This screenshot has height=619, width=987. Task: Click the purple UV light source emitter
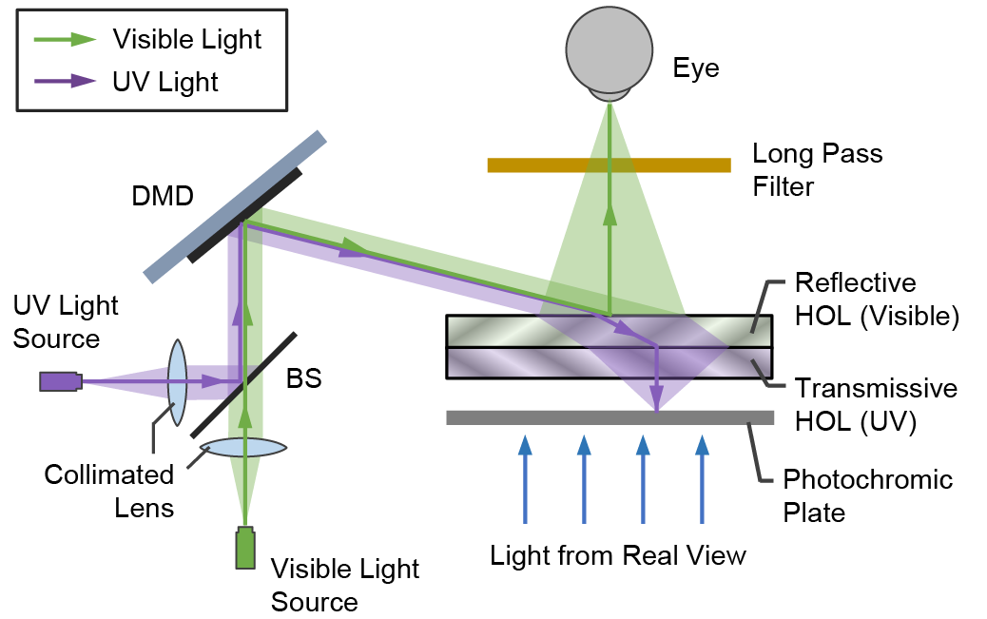click(60, 381)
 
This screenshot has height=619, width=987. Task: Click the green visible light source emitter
click(246, 549)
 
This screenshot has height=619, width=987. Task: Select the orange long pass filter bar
click(609, 164)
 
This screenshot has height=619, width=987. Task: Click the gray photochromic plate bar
click(609, 417)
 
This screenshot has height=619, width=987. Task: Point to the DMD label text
click(162, 197)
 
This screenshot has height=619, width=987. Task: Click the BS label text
click(304, 380)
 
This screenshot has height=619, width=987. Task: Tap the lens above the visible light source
click(245, 447)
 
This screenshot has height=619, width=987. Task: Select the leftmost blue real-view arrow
click(524, 478)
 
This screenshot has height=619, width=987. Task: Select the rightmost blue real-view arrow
click(702, 478)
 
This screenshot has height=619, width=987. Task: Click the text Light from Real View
click(618, 555)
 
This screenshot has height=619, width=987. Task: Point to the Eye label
click(696, 68)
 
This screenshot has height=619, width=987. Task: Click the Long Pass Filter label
click(817, 169)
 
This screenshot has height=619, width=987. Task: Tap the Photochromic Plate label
click(867, 495)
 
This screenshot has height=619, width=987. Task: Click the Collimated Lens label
click(109, 491)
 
